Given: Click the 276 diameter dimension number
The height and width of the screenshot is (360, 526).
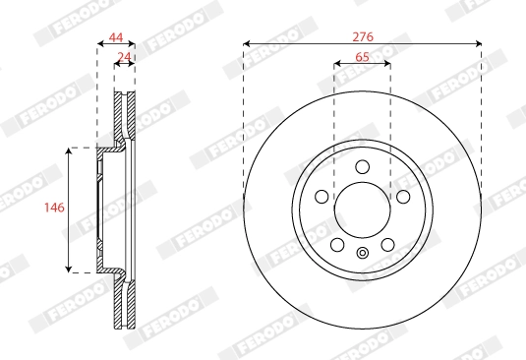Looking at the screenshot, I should pos(362,35).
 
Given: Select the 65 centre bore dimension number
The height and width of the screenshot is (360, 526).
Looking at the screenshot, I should pos(362,57).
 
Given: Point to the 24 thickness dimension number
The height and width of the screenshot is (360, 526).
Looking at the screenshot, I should pos(124,57).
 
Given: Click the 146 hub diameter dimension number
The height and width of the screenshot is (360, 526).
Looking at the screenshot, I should pos(55,209).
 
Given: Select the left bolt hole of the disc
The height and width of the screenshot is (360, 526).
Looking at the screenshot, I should pos(321,196).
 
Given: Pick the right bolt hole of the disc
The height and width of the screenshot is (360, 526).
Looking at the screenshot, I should pos(403,196).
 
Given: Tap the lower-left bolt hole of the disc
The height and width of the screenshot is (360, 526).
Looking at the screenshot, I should pos(337,244).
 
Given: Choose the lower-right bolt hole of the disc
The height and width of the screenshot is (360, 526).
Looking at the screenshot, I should pos(387,244).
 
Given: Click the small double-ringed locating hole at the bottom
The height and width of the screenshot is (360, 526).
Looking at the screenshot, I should pos(362,254).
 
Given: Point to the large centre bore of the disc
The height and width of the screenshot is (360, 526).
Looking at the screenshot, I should pos(362,209).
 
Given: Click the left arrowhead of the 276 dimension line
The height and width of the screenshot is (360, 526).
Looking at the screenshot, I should pos(246,44).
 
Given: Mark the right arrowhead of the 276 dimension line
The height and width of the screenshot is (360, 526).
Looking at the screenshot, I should pos(478,44).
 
